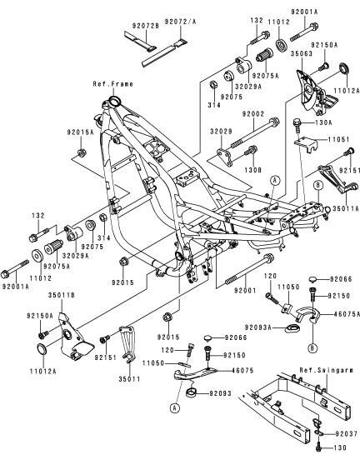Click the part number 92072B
[x=145, y=26]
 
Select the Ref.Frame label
[x=113, y=84]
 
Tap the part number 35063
[x=302, y=53]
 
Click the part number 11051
[x=338, y=139]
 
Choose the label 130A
[x=324, y=122]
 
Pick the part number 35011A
[x=346, y=208]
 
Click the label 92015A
[x=80, y=132]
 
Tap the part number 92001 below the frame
[x=245, y=291]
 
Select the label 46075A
[x=347, y=314]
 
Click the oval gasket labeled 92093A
[x=292, y=327]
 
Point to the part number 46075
[x=242, y=370]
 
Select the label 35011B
[x=62, y=295]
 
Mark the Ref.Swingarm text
[x=327, y=370]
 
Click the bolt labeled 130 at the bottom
[x=318, y=448]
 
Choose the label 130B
[x=252, y=170]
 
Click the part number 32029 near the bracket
[x=221, y=131]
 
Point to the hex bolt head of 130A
[x=297, y=121]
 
